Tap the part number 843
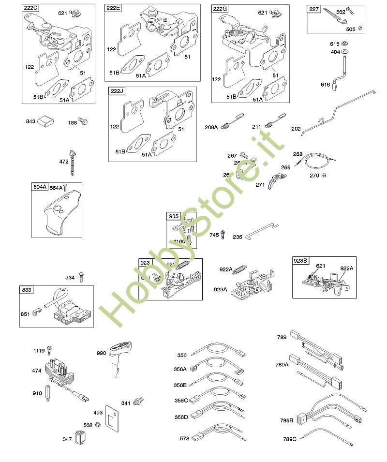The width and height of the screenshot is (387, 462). click(x=31, y=121)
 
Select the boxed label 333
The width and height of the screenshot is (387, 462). click(x=27, y=290)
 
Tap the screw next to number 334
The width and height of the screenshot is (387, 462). click(x=82, y=276)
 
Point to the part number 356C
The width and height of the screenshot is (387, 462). click(x=181, y=400)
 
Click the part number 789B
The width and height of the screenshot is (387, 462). click(x=287, y=420)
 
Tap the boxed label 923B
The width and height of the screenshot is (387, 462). click(x=300, y=260)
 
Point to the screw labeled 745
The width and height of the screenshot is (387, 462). click(x=223, y=235)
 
